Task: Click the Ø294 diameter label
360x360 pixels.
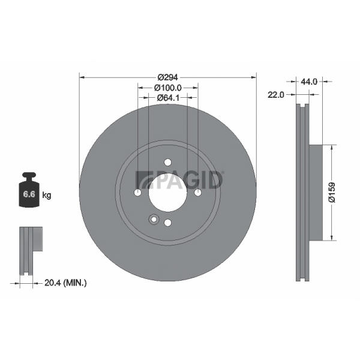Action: click(167, 77)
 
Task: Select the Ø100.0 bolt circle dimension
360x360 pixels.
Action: click(168, 88)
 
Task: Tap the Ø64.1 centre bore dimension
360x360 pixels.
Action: click(168, 98)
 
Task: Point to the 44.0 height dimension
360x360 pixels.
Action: click(309, 82)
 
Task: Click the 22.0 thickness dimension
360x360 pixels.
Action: click(276, 95)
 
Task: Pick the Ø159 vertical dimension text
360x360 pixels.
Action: click(332, 193)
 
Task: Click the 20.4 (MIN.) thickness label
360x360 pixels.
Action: click(65, 283)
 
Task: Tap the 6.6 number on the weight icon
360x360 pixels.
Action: click(29, 194)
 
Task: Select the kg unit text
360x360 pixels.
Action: click(47, 196)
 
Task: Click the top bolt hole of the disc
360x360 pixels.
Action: click(168, 163)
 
